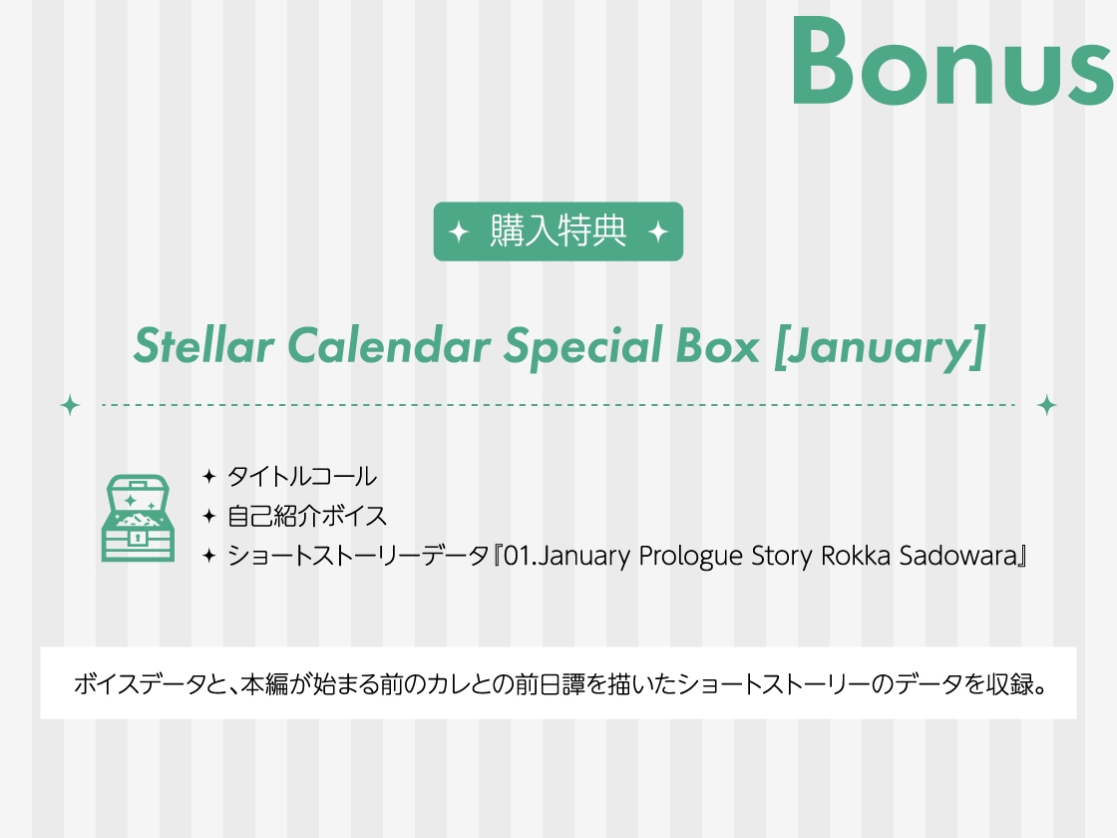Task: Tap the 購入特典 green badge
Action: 558,231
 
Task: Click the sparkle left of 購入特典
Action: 459,232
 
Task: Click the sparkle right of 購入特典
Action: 657,232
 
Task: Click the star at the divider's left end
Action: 70,405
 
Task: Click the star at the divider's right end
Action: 1046,405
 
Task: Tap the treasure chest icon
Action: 138,517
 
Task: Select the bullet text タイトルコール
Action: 301,476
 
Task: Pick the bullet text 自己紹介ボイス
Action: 306,516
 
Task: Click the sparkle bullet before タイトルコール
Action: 208,476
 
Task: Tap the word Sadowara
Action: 958,556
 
